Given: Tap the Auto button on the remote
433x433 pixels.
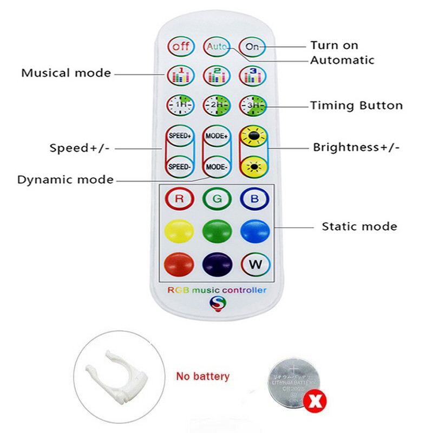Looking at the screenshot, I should pos(216,47).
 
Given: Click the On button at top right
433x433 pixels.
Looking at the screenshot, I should pos(253,47).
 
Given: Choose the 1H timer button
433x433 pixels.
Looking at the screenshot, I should pos(180,105).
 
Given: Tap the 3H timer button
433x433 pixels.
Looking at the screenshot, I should pos(253,105).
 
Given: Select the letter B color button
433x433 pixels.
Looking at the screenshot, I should pos(254,199).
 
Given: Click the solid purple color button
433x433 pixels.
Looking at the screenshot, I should pos(216,265).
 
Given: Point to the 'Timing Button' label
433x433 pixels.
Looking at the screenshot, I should pos(356,106).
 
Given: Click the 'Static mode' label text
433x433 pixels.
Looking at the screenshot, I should pos(359,226).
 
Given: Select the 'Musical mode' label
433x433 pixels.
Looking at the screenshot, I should pos(66,73).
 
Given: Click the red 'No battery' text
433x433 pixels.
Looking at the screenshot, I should pos(203,376).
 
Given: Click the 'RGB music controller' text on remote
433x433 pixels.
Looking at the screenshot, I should pos(216,290).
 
